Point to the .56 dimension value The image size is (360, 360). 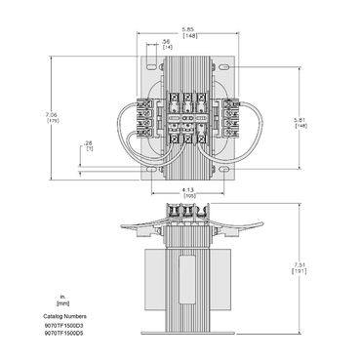(x=167, y=41)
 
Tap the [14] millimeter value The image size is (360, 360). (x=167, y=48)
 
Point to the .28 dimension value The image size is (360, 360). (x=89, y=143)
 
